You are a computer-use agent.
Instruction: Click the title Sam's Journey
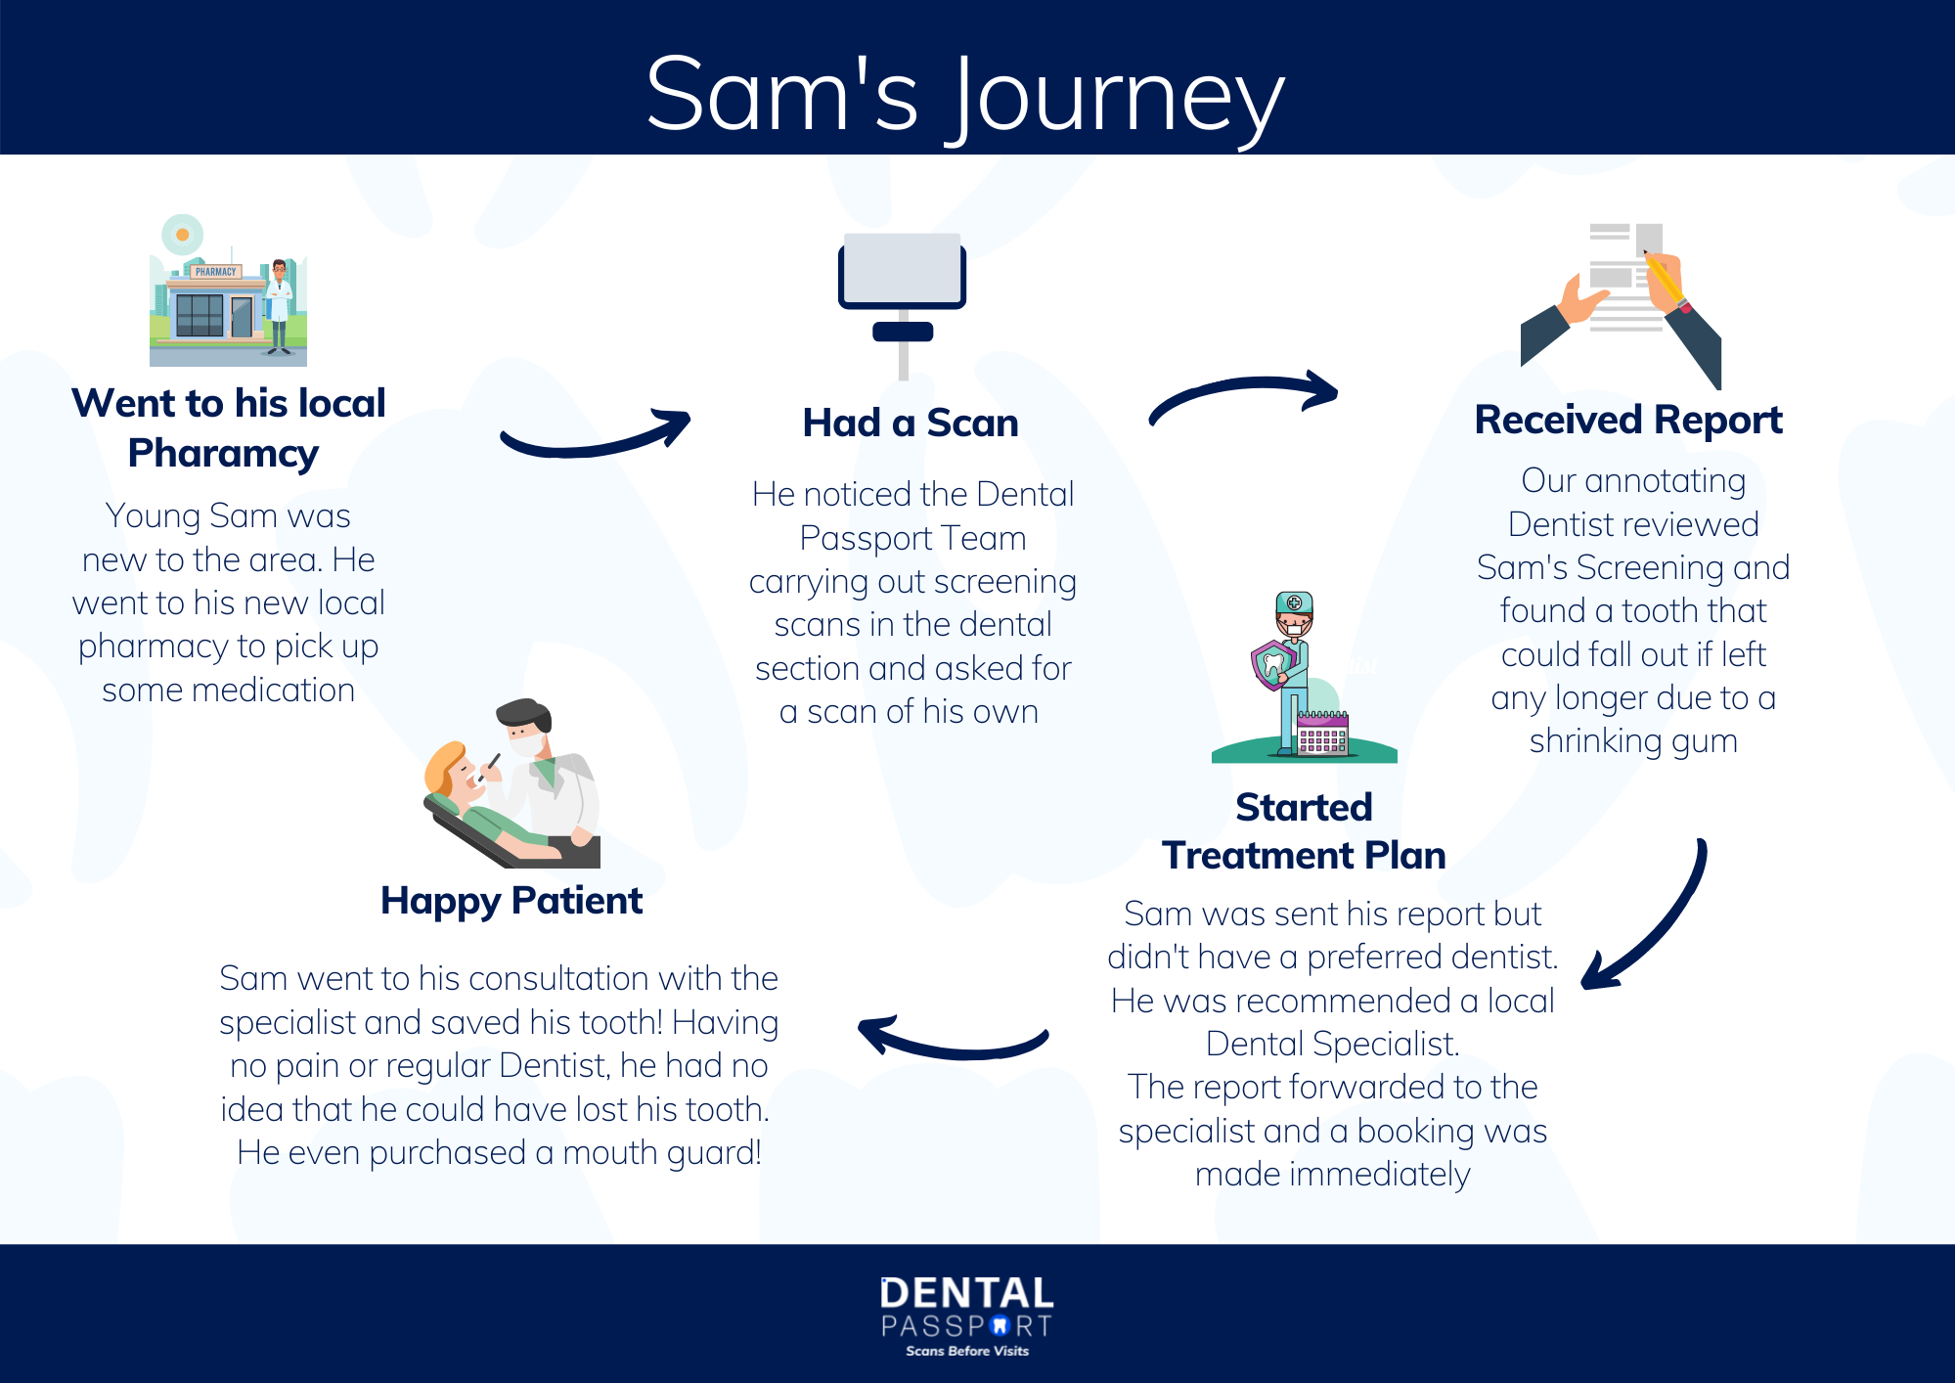[964, 95]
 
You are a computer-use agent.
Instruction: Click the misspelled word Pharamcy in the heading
[223, 454]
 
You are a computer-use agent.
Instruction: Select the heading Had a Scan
[910, 424]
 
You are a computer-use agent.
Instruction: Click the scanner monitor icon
[902, 271]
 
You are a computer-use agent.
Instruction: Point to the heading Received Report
[1627, 421]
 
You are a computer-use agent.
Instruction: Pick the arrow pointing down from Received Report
[1653, 919]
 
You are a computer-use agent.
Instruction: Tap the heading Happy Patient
[511, 901]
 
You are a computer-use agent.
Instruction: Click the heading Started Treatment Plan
[1304, 831]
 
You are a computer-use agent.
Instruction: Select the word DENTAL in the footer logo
[966, 1294]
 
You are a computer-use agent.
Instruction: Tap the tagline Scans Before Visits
[967, 1352]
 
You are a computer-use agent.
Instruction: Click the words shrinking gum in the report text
[1633, 741]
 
